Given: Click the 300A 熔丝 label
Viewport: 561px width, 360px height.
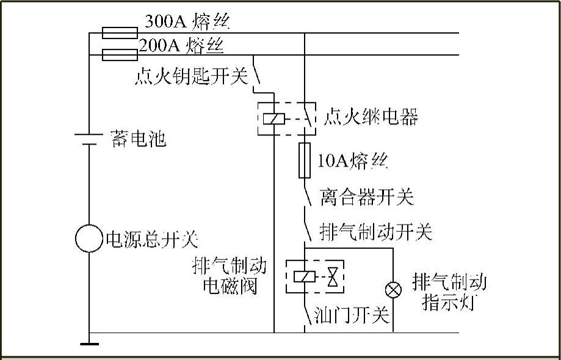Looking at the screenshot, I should (x=187, y=22).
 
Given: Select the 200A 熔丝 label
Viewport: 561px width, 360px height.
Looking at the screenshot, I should (x=181, y=45).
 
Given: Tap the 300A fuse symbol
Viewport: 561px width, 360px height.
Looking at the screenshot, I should (x=118, y=32).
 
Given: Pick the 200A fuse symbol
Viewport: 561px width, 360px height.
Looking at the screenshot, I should (x=118, y=56).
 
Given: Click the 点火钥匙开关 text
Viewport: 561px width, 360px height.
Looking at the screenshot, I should (x=191, y=77).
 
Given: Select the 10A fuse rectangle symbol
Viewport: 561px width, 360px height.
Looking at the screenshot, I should (x=304, y=160).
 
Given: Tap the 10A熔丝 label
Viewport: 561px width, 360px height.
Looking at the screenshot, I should (x=353, y=161).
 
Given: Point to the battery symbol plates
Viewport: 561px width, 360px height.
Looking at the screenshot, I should (x=89, y=139).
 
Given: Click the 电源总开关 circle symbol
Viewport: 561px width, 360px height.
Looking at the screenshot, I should (x=89, y=238).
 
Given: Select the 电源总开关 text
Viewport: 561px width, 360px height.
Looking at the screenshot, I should (x=152, y=239).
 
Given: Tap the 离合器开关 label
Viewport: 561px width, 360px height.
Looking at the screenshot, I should (x=366, y=197).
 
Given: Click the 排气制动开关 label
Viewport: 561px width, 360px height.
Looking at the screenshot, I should (x=375, y=232).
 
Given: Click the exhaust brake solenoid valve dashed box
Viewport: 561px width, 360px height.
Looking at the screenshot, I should (x=314, y=277).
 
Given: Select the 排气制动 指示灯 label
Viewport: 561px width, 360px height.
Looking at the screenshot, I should (x=449, y=292).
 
